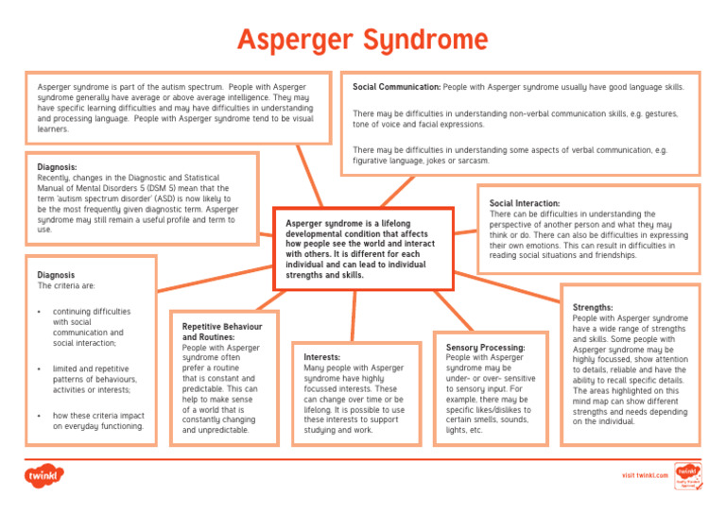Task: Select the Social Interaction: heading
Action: coord(525,203)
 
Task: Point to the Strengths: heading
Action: coord(594,307)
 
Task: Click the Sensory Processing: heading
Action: coord(485,348)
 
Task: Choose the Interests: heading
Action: coord(322,358)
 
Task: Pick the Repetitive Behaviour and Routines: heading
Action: coord(221,332)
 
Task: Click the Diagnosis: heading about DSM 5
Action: coord(56,167)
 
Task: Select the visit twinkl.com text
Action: coord(646,475)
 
